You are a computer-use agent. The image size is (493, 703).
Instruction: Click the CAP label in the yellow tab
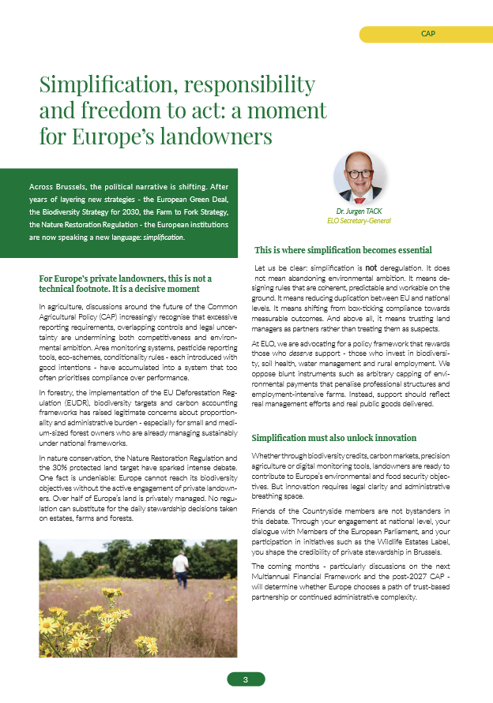(428, 35)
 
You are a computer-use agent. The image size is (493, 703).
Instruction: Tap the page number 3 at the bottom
(246, 679)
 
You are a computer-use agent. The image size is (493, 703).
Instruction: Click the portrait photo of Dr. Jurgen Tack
(360, 178)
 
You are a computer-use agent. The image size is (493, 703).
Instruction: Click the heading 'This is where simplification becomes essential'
(343, 250)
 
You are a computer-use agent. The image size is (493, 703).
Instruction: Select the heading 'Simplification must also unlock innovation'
(333, 438)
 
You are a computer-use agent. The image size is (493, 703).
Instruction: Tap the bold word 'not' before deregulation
(371, 268)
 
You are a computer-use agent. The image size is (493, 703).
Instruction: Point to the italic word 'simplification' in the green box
(163, 237)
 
